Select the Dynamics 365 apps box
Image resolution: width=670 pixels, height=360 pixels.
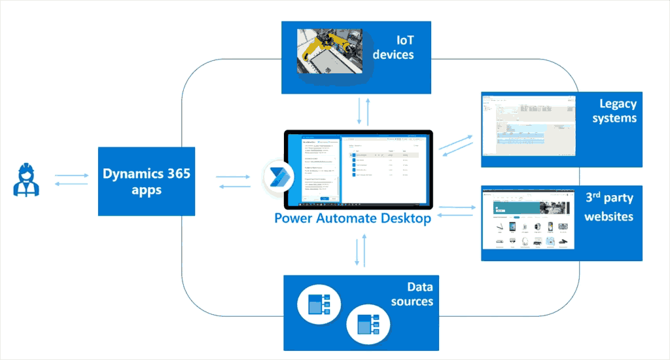pos(147,181)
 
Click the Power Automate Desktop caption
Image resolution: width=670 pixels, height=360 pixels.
pos(353,218)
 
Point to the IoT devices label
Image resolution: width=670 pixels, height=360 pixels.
pos(393,47)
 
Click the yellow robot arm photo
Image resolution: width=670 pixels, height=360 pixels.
pos(328,50)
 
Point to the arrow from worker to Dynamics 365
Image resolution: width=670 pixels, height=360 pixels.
pos(71,175)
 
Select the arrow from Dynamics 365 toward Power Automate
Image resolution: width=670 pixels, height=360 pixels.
pos(233,176)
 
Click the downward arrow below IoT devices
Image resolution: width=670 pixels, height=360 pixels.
pos(359,112)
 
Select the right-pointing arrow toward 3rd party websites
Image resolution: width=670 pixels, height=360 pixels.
pos(458,207)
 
